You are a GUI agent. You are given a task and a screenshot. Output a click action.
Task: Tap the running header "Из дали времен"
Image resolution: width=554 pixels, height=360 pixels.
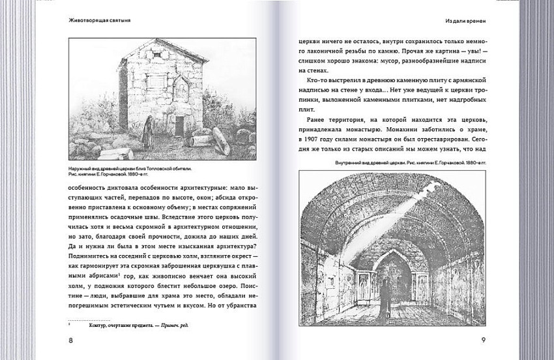(x=465, y=20)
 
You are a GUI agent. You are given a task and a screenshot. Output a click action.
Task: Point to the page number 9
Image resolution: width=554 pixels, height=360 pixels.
(x=483, y=340)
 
